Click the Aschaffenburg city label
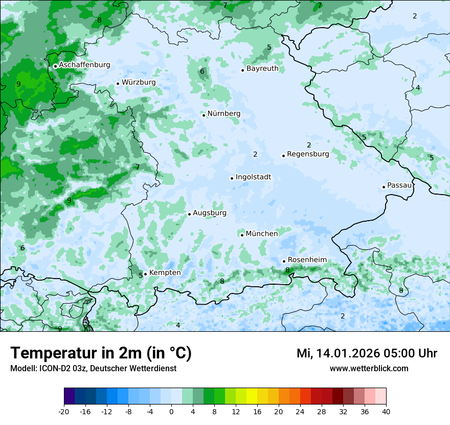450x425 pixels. pyautogui.click(x=84, y=65)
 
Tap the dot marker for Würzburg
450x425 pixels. pyautogui.click(x=118, y=83)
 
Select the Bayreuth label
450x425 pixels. pyautogui.click(x=262, y=68)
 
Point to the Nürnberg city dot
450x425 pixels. pyautogui.click(x=204, y=115)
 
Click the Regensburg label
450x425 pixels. pyautogui.click(x=308, y=154)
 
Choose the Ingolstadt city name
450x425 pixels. pyautogui.click(x=253, y=177)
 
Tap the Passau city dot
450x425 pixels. pyautogui.click(x=384, y=187)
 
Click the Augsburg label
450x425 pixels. pyautogui.click(x=210, y=213)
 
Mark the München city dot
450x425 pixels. pyautogui.click(x=242, y=235)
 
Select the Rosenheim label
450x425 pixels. pyautogui.click(x=307, y=260)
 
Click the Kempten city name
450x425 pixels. pyautogui.click(x=165, y=272)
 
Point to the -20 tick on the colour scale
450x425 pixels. pyautogui.click(x=64, y=411)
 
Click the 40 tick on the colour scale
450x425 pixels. pyautogui.click(x=386, y=411)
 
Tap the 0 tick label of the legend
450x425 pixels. pyautogui.click(x=171, y=411)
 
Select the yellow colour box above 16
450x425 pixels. pyautogui.click(x=252, y=396)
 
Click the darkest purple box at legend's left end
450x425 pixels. pyautogui.click(x=69, y=396)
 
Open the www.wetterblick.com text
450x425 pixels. pyautogui.click(x=369, y=368)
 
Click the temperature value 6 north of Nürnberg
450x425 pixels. pyautogui.click(x=202, y=71)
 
